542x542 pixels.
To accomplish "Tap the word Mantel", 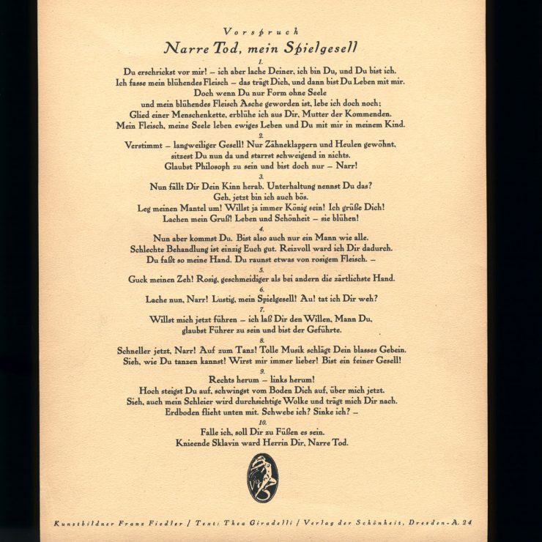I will pos(210,208).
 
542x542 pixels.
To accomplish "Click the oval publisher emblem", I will pos(262,478).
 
